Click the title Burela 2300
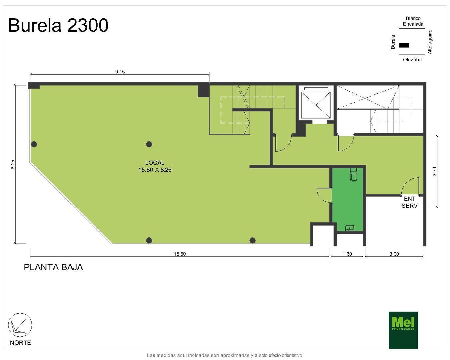[x=58, y=25]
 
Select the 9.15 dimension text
[x=120, y=72]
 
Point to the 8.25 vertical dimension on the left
[x=13, y=164]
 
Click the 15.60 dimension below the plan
[x=180, y=254]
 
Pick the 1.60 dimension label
[x=347, y=254]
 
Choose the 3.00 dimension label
[x=394, y=254]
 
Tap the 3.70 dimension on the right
[x=434, y=171]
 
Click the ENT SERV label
[x=410, y=202]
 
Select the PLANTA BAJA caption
[x=53, y=267]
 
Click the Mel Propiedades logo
[x=403, y=330]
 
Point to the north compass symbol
[x=20, y=325]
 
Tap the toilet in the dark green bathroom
[x=354, y=174]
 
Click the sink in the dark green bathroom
[x=350, y=228]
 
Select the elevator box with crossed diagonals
[x=316, y=104]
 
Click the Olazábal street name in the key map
[x=413, y=60]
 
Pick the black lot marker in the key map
[x=404, y=45]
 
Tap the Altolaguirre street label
[x=430, y=42]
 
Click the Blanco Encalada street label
[x=413, y=21]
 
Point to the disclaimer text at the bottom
[x=224, y=355]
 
